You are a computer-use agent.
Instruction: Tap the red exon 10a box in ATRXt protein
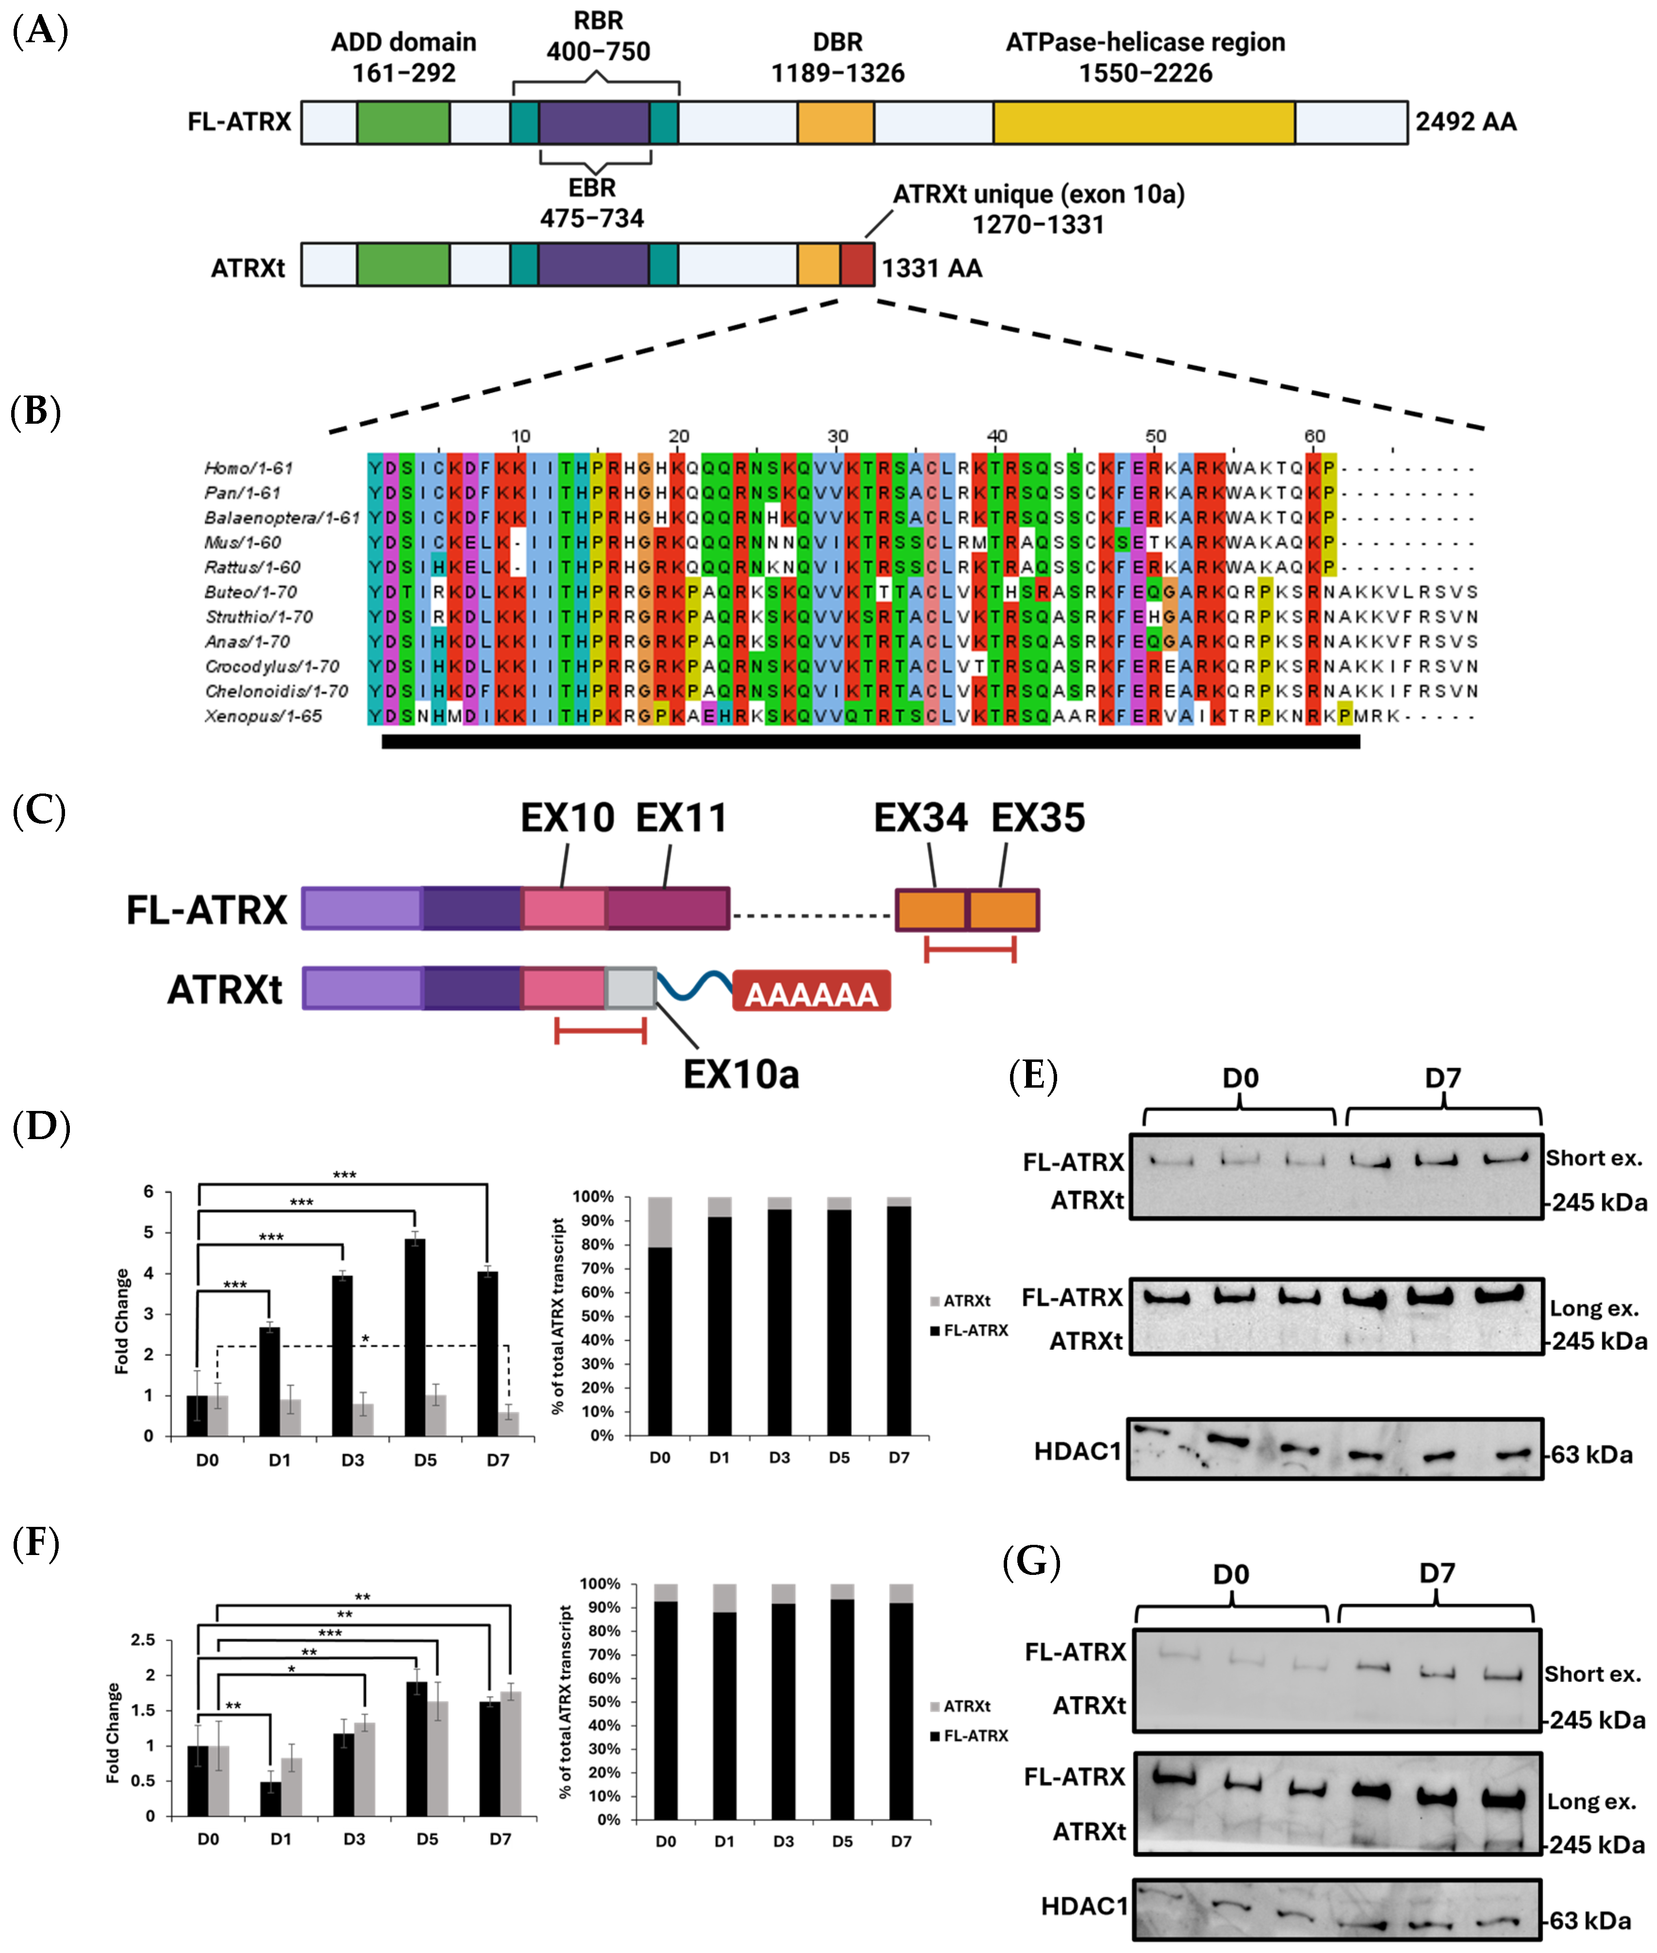click(x=857, y=265)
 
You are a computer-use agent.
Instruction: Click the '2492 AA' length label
click(x=1465, y=122)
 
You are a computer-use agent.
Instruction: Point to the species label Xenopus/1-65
click(x=263, y=717)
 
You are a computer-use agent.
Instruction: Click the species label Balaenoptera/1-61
click(x=282, y=517)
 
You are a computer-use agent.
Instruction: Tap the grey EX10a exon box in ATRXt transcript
click(x=630, y=988)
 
